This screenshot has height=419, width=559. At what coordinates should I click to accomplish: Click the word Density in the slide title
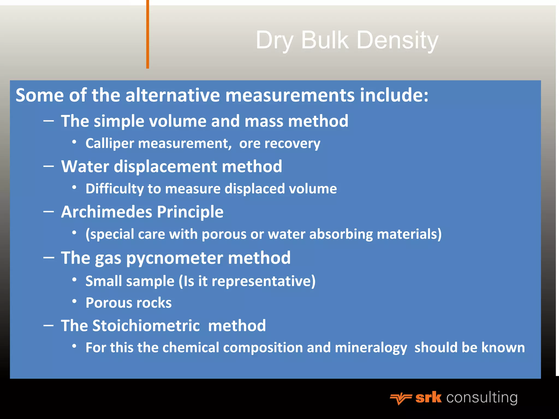[x=397, y=40]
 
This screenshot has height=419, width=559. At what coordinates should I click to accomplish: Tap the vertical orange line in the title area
[x=148, y=34]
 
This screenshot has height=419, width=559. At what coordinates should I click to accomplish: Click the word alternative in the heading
[x=173, y=95]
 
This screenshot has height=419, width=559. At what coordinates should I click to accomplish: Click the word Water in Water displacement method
[x=85, y=166]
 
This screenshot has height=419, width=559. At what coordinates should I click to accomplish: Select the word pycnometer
[x=174, y=258]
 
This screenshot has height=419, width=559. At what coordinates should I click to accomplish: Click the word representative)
[x=263, y=281]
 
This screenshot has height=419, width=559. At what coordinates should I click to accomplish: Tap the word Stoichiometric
[x=146, y=326]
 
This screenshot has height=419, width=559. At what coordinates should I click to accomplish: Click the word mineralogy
[x=371, y=348]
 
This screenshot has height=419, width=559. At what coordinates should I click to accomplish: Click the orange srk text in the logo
[x=428, y=397]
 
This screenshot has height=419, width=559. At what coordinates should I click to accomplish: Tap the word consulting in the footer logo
[x=482, y=397]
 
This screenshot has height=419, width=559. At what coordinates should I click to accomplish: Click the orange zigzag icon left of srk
[x=401, y=399]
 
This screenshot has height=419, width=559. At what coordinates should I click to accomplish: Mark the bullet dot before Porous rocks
[x=74, y=301]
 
